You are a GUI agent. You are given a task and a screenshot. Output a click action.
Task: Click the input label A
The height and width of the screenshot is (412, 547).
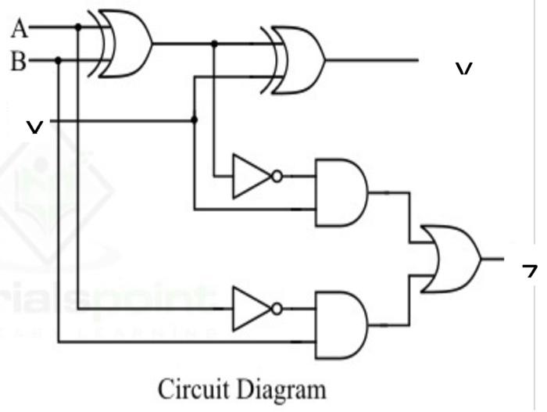tap(19, 29)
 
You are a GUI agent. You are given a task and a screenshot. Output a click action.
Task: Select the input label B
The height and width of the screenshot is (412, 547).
tap(19, 61)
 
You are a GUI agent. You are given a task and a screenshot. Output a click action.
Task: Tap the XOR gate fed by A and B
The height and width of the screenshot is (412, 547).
tap(125, 44)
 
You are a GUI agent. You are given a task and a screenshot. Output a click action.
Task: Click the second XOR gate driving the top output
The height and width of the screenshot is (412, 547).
tap(297, 59)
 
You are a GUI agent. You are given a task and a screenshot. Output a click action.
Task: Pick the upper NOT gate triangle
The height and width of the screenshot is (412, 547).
tap(252, 177)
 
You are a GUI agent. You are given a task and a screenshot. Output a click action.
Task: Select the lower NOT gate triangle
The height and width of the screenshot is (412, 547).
tap(252, 308)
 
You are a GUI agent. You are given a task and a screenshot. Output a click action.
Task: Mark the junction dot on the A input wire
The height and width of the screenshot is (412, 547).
tap(78, 27)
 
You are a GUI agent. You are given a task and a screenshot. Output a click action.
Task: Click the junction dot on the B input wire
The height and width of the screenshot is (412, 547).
tap(59, 60)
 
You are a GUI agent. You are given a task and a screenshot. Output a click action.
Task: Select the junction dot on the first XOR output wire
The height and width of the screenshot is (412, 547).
tap(214, 44)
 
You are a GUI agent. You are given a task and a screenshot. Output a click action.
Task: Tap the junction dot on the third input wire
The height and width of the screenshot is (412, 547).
tap(195, 120)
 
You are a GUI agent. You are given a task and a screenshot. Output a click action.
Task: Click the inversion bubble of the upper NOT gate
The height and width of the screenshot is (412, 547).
tap(277, 177)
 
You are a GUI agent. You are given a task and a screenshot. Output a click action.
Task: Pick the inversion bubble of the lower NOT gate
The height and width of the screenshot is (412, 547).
tap(277, 308)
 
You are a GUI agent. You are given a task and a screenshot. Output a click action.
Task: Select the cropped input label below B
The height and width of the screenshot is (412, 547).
tap(34, 126)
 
